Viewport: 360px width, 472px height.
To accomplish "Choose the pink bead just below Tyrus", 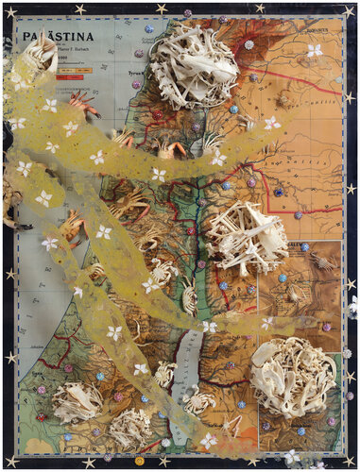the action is pos(136,84).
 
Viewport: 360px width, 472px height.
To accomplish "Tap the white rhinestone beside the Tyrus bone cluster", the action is pos(249,44).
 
